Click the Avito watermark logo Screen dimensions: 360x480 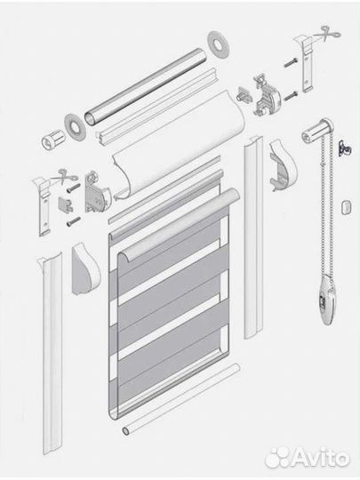coord(307,458)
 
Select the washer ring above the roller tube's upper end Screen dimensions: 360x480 coord(218,44)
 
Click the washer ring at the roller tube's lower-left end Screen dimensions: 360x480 coord(75,127)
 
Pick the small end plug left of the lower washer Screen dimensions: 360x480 coord(52,140)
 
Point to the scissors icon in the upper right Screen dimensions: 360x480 coord(328,34)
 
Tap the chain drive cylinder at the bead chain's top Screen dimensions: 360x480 coord(316,131)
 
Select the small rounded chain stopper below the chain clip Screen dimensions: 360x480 coord(346,208)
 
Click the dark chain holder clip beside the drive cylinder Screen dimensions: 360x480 coord(345,148)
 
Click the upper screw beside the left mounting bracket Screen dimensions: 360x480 coord(73,188)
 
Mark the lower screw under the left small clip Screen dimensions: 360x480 coord(74,221)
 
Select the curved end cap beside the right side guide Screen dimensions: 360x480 coord(283,164)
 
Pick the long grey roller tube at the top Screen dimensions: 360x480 coord(145,86)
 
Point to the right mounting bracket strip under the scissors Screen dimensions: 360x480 coord(308,64)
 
